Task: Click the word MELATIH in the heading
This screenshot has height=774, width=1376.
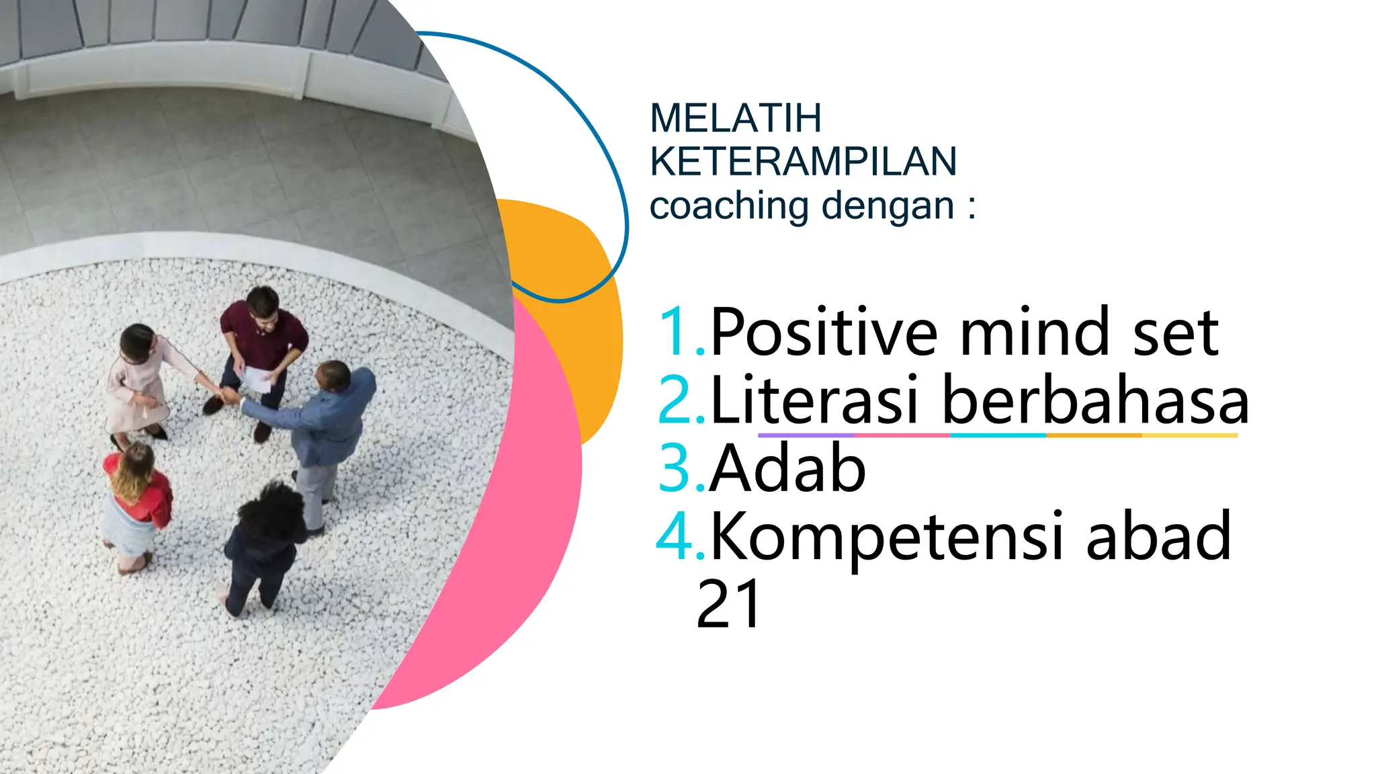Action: [x=736, y=118]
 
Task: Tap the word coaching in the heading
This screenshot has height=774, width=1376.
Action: [x=730, y=206]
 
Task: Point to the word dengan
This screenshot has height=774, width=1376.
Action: [x=888, y=206]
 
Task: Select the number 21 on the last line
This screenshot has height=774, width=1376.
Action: [x=728, y=603]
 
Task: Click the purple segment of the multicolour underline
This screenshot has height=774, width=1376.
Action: [x=806, y=435]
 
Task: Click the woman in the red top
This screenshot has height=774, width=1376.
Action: [x=138, y=497]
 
